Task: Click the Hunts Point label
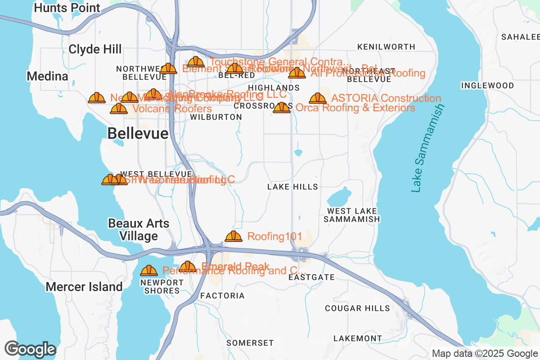(x=67, y=8)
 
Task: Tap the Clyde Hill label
(x=95, y=49)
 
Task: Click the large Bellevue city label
(x=138, y=133)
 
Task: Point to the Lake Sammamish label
(x=428, y=148)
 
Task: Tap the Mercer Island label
(x=84, y=287)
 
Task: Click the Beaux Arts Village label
(x=139, y=229)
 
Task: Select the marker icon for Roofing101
(x=233, y=236)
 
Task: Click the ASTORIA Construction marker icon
(x=318, y=98)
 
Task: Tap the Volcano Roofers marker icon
(x=119, y=108)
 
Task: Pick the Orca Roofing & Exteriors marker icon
(x=282, y=108)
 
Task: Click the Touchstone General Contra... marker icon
(x=196, y=62)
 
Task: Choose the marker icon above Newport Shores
(x=149, y=270)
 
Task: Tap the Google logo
(x=31, y=349)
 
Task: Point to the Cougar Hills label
(x=357, y=308)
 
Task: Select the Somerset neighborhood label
(x=250, y=343)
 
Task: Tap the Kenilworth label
(x=386, y=47)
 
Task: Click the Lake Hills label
(x=292, y=187)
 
